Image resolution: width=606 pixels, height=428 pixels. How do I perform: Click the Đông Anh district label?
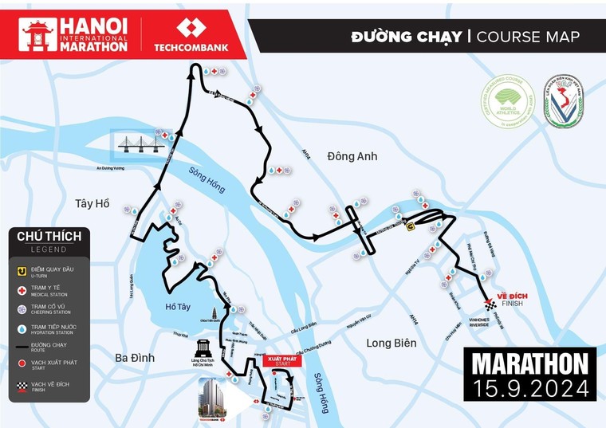coord(352,156)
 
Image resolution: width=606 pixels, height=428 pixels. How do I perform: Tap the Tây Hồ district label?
coord(92,204)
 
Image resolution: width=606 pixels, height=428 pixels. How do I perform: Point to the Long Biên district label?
coord(392,343)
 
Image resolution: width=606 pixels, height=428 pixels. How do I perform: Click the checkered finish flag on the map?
coord(490,304)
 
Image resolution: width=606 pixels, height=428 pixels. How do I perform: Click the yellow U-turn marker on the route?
coord(410,226)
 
